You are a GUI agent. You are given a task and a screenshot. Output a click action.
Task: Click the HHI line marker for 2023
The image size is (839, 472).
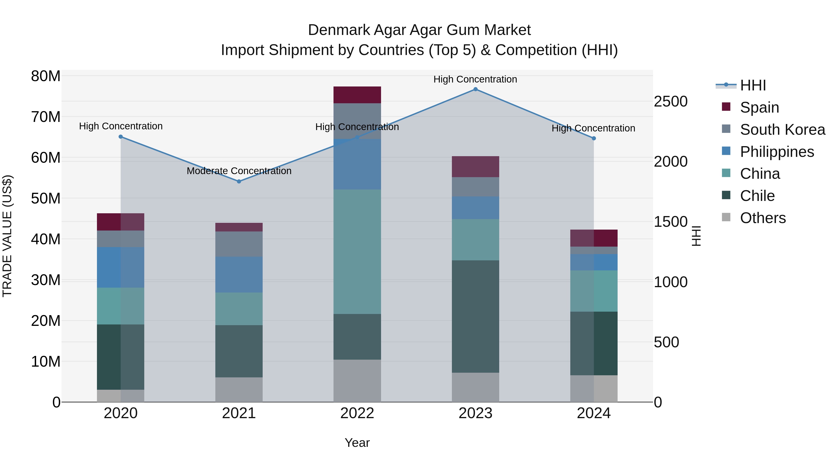tap(475, 89)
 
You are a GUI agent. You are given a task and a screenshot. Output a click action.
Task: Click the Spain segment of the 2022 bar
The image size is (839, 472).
tap(357, 95)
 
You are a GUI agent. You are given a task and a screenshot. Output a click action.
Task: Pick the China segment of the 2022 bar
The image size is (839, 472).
tap(357, 252)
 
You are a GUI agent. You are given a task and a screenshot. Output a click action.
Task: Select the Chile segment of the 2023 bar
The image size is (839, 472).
tap(475, 316)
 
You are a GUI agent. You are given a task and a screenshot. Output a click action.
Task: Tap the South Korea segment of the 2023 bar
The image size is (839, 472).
tap(475, 187)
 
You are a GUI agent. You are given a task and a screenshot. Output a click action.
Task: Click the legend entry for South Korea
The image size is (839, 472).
tap(782, 130)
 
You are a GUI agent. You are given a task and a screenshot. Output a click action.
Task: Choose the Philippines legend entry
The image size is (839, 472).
tap(777, 152)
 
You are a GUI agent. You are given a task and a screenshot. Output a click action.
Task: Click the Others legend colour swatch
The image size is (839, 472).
tap(726, 217)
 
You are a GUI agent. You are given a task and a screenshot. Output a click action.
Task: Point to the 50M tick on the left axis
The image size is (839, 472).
tap(46, 198)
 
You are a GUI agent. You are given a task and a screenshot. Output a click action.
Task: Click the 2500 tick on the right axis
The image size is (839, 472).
tap(671, 102)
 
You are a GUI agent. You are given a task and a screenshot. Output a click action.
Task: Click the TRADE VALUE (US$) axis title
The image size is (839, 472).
tap(7, 236)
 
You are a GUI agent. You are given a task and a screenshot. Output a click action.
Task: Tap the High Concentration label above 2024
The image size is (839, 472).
tap(593, 128)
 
